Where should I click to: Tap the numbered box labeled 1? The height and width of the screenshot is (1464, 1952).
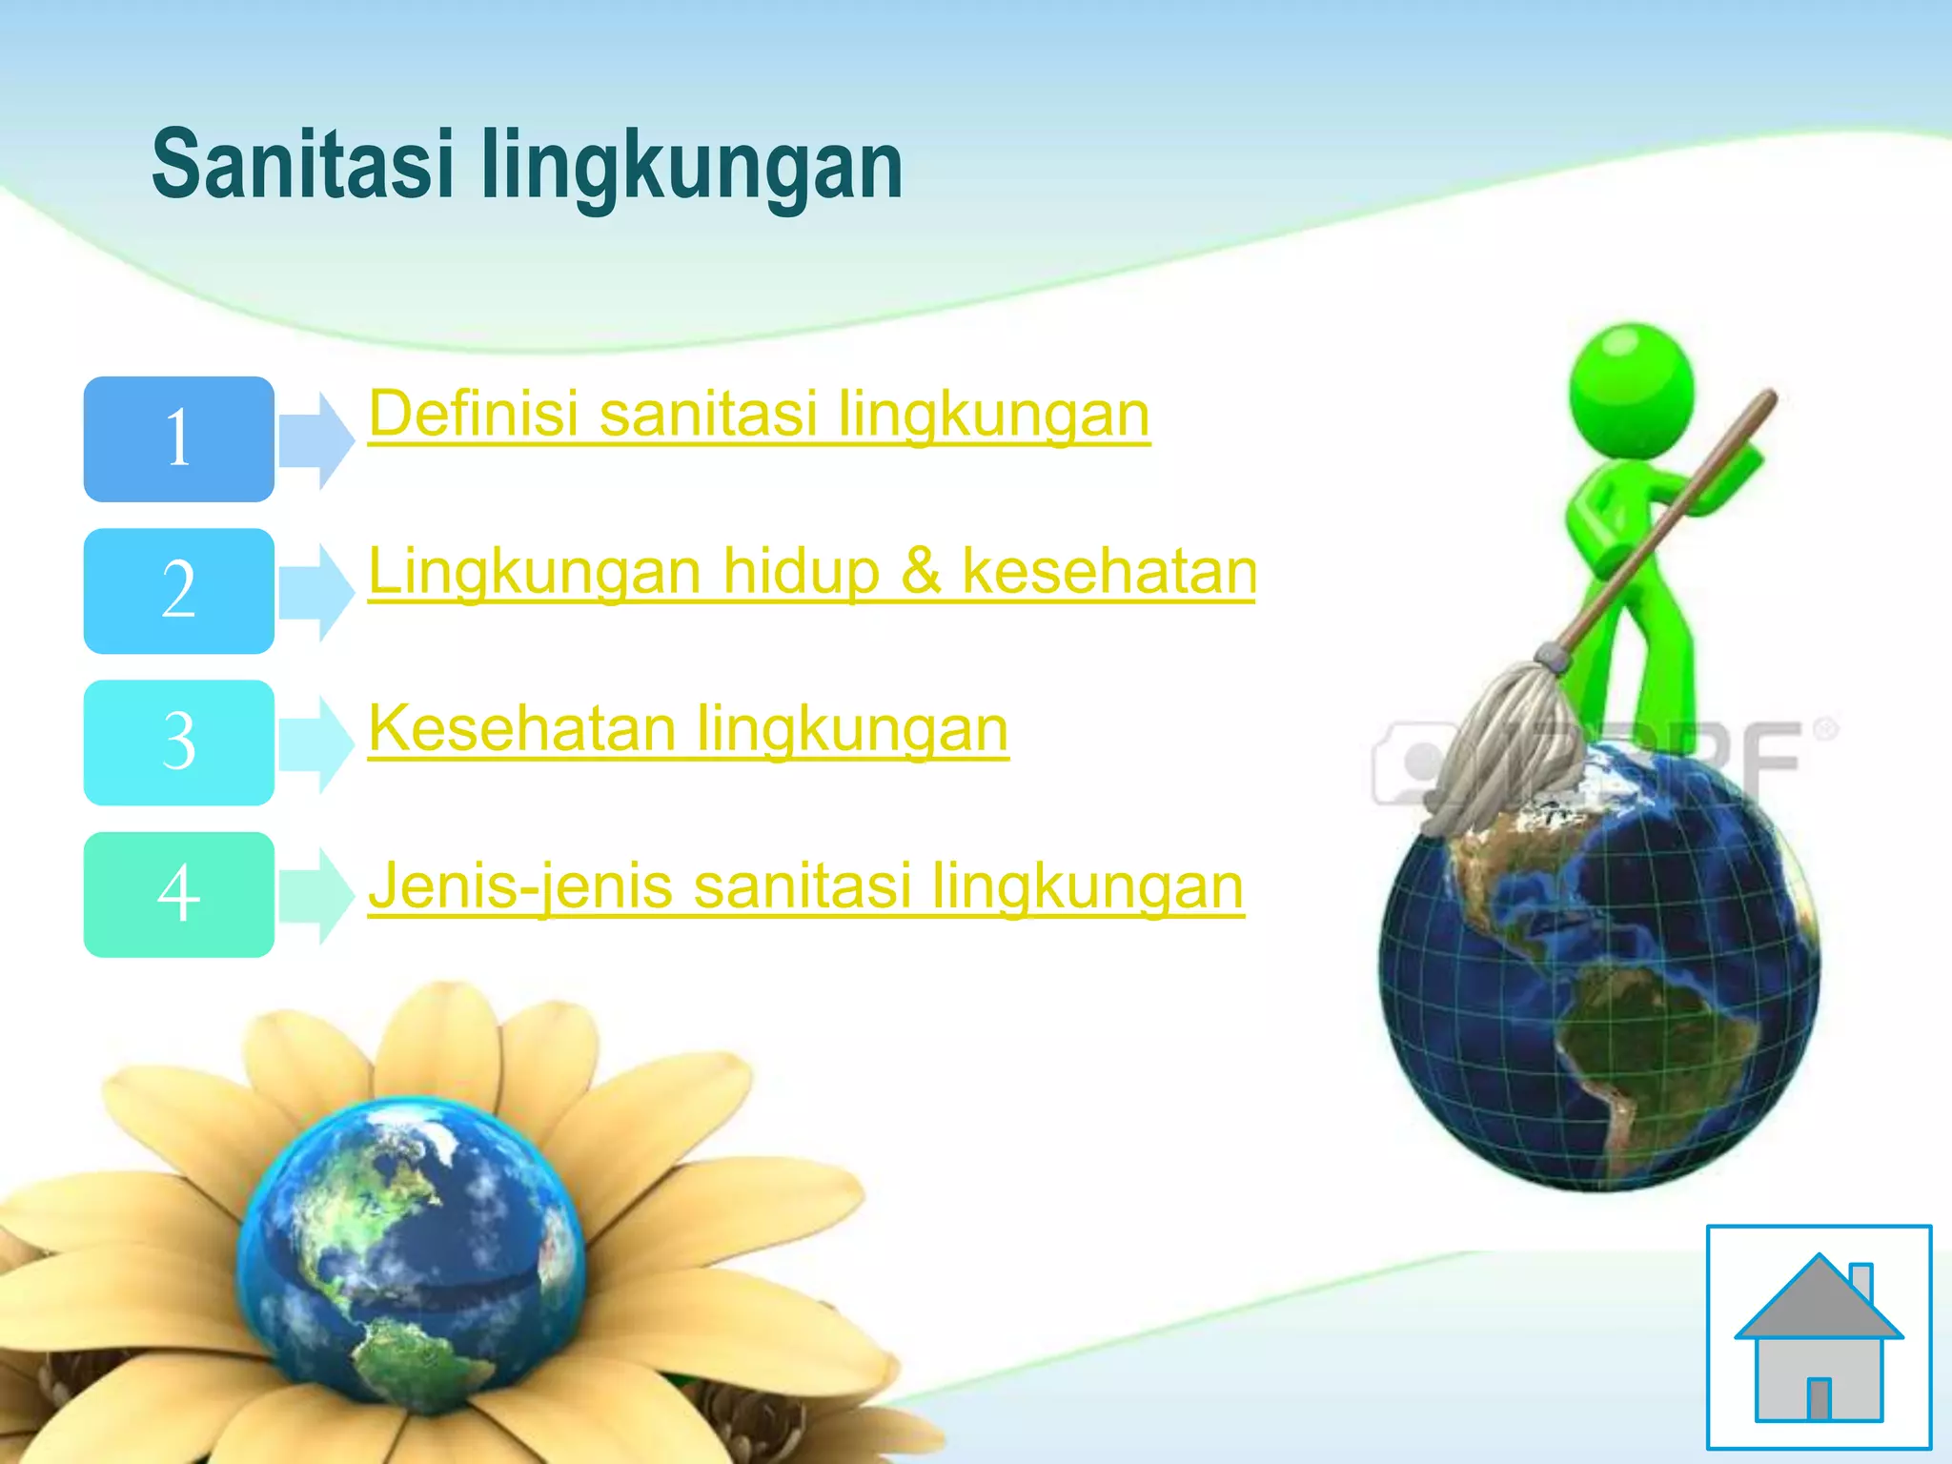(179, 439)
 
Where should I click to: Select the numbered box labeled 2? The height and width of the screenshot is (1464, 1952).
(179, 591)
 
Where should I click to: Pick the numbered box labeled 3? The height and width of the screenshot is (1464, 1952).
(179, 742)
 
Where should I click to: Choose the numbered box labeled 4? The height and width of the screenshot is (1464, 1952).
(179, 894)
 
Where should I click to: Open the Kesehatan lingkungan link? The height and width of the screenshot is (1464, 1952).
(687, 728)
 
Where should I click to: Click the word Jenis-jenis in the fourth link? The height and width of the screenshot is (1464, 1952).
(521, 885)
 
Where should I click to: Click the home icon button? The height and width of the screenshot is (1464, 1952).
(1819, 1336)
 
